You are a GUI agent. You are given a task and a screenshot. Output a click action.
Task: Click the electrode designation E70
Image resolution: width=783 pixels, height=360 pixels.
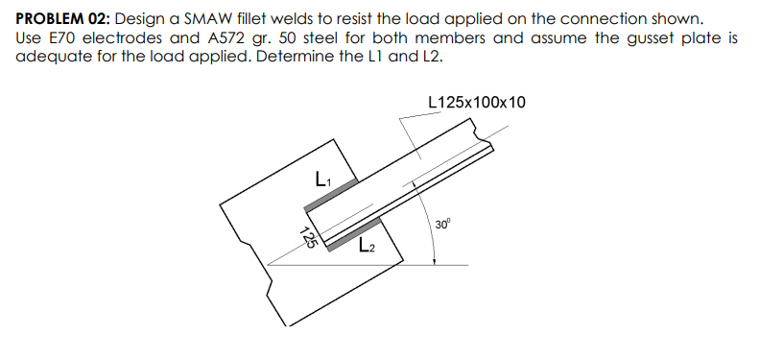62,37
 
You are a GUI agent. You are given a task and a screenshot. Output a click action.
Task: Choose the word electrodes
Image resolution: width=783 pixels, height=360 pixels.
127,37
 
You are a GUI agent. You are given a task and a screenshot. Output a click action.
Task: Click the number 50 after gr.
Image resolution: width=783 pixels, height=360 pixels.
285,37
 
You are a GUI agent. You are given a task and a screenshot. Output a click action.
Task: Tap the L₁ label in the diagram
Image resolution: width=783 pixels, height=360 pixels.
322,178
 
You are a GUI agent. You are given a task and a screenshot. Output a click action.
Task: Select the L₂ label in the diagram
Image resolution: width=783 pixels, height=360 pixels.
367,245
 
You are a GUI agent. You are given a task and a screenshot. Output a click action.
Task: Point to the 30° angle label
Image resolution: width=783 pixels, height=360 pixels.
442,224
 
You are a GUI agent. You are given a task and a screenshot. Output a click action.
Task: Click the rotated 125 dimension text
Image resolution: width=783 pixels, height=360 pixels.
309,235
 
